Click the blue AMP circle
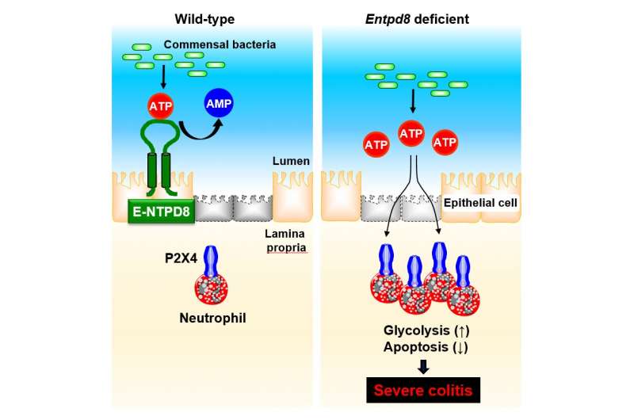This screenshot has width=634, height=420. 219,103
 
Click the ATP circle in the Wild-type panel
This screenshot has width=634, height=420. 161,106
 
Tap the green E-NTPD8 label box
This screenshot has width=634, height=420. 162,211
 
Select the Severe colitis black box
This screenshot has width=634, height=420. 423,390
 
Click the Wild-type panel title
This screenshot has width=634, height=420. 204,19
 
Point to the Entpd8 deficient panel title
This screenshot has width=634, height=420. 417,19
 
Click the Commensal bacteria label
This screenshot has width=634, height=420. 220,44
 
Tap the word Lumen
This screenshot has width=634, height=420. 291,161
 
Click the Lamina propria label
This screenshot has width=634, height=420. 285,241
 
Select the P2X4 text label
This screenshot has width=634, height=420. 181,258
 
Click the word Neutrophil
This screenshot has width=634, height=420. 212,318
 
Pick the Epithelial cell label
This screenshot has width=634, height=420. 480,203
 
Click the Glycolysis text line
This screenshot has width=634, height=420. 426,330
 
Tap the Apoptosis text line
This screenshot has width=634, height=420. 426,347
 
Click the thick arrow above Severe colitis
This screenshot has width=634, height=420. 423,367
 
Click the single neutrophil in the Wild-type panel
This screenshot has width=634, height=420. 212,289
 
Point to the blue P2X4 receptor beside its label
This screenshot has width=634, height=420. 211,262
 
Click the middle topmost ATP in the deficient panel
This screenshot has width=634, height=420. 411,133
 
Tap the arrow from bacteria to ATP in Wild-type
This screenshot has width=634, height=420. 163,77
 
